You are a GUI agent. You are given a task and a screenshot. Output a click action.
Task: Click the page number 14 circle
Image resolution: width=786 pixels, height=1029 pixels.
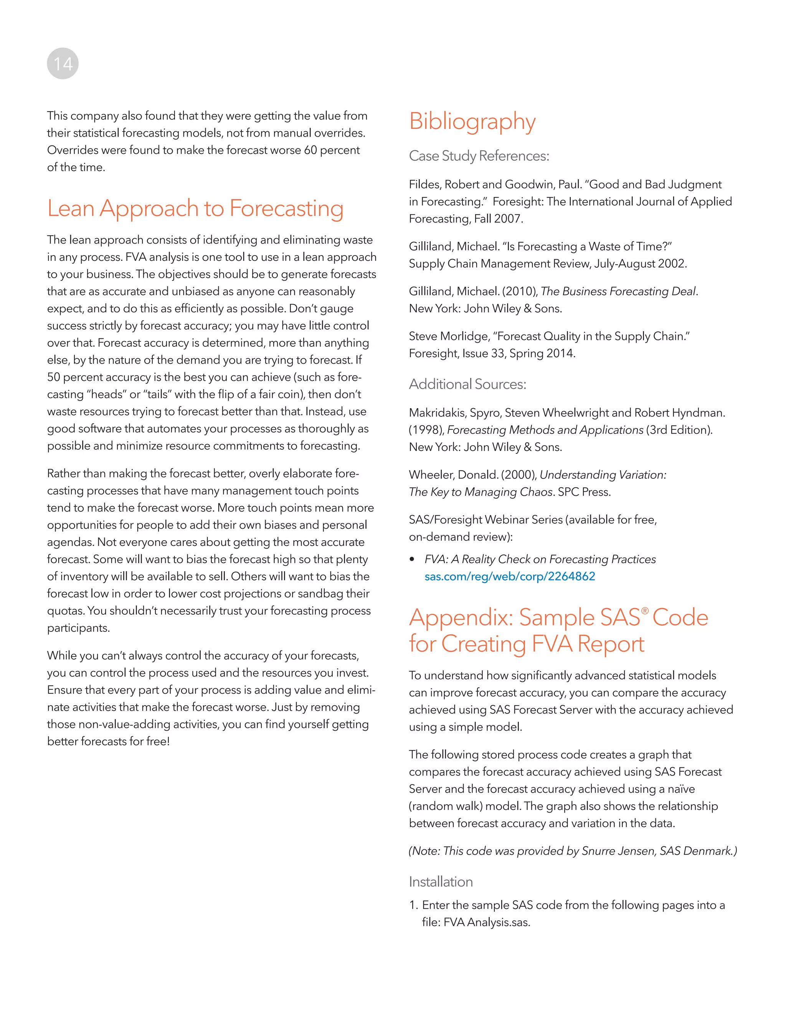pos(63,64)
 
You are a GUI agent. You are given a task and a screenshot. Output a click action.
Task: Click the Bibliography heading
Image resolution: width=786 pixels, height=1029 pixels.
pos(472,121)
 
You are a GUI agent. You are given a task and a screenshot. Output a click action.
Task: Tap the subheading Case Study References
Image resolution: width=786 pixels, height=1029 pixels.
pos(479,156)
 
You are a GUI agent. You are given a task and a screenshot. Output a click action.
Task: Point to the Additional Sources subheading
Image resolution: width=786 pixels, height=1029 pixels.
pos(467,384)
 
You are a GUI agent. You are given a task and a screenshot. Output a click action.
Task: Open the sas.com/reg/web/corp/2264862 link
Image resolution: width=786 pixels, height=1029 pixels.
pos(510,576)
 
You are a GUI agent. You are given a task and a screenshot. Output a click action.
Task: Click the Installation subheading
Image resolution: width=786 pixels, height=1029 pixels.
pos(440,882)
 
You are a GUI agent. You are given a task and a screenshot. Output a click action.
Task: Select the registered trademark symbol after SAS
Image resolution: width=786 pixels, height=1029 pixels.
pos(645,611)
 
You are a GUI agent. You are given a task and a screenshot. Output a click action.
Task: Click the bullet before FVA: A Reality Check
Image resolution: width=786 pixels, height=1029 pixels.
pos(412,560)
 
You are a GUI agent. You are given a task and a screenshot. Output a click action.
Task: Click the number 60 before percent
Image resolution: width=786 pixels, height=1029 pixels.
pos(310,150)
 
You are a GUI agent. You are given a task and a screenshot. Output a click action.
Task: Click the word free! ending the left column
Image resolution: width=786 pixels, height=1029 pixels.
pos(158,741)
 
